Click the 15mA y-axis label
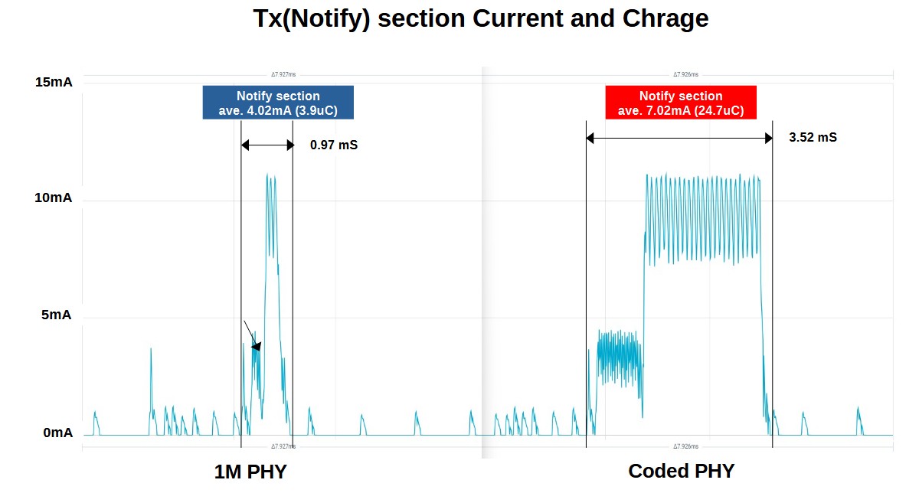tap(54, 82)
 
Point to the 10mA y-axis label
tap(54, 198)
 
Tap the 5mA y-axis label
tap(57, 315)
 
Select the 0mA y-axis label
tap(57, 433)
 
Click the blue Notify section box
tap(278, 103)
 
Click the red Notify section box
tap(680, 103)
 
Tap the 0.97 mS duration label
tap(334, 145)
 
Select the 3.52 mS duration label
tap(813, 138)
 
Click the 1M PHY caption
tap(250, 472)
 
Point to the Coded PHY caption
tap(681, 472)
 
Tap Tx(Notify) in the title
tap(311, 19)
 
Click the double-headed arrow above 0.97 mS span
tap(267, 144)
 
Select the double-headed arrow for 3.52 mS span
tap(679, 138)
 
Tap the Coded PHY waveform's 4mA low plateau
tap(618, 356)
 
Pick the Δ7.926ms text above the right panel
tap(685, 75)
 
